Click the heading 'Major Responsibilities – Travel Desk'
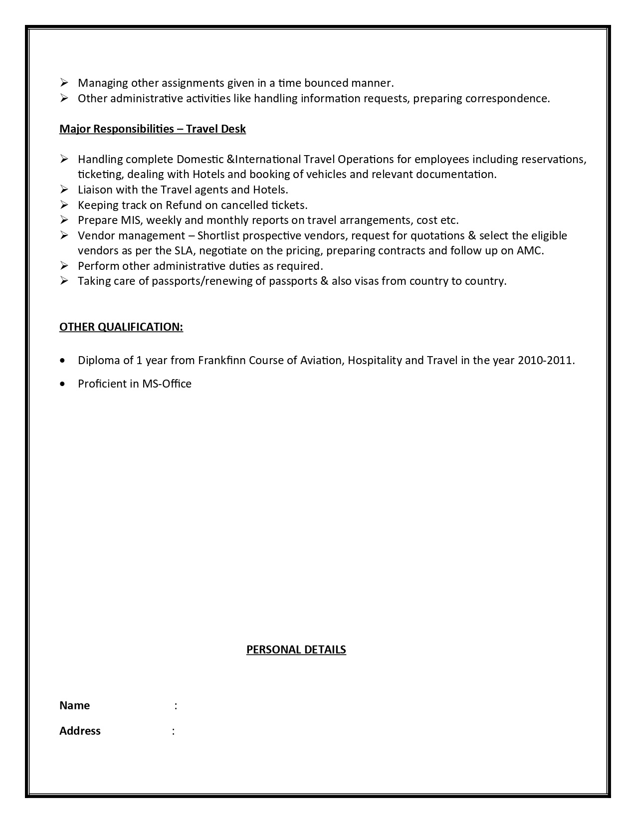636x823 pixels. tap(153, 129)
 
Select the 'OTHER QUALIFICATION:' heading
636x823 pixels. tap(121, 327)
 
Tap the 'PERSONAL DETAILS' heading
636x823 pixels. tap(296, 649)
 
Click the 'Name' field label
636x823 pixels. tap(75, 706)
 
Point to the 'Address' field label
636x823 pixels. tap(80, 731)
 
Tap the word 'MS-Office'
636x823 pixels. tap(167, 384)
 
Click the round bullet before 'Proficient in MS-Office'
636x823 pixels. tap(62, 384)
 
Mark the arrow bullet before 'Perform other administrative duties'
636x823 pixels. tap(64, 266)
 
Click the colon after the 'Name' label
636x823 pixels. tap(176, 706)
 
